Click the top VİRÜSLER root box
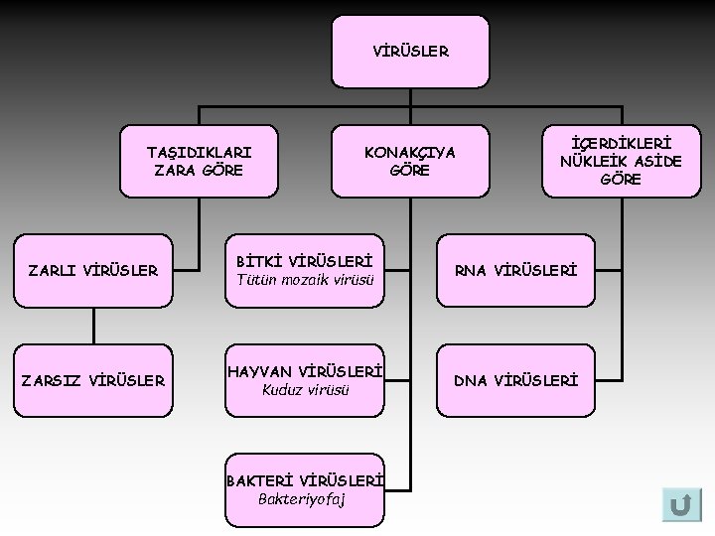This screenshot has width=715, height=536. click(410, 50)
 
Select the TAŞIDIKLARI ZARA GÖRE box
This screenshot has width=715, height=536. click(199, 160)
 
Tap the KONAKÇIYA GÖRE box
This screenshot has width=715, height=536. click(410, 160)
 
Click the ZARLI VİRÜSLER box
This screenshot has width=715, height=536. click(93, 270)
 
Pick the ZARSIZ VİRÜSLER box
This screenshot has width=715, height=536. click(93, 379)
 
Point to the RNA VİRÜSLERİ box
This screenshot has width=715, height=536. click(515, 270)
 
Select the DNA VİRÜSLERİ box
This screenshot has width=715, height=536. click(515, 379)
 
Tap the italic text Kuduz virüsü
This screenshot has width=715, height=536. click(305, 389)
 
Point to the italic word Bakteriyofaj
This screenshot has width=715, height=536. click(302, 498)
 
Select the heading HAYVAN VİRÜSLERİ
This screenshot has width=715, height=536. click(305, 370)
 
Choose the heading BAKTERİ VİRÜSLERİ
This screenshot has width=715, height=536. click(305, 479)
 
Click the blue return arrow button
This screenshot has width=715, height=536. click(681, 504)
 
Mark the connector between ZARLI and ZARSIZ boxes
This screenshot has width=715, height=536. click(93, 326)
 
